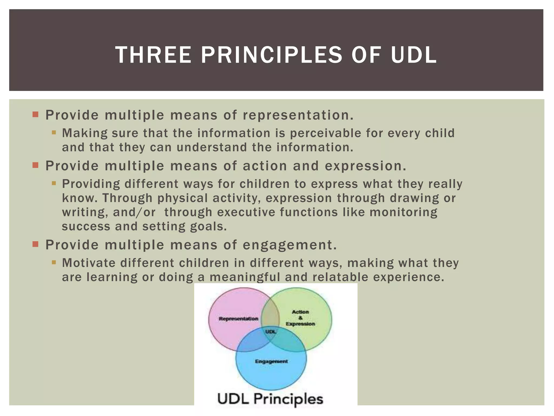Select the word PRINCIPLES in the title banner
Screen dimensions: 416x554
point(272,55)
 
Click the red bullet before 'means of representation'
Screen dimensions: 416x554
point(35,114)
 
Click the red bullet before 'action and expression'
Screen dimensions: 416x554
point(35,165)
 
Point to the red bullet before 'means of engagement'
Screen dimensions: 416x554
point(35,244)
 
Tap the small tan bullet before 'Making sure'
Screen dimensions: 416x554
point(54,133)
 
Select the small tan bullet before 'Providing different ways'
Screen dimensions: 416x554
point(54,183)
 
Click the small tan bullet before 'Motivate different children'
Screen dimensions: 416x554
point(54,262)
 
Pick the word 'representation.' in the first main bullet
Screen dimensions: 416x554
point(298,115)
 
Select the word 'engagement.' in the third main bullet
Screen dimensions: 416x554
point(290,245)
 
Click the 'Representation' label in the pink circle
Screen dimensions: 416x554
point(238,319)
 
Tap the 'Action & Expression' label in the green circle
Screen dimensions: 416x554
point(300,318)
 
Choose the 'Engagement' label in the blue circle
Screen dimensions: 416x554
point(271,361)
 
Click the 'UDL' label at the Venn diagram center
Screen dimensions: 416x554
point(271,331)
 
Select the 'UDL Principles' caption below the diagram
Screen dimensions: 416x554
point(270,399)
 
